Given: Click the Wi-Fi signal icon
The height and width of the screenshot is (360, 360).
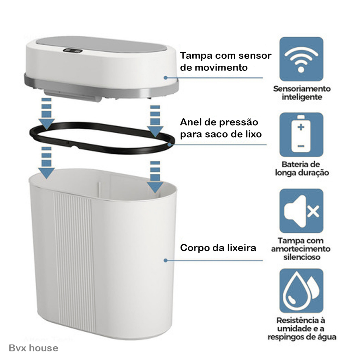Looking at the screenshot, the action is click(x=301, y=59).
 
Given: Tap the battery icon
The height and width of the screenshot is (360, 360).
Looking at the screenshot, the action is click(x=301, y=135).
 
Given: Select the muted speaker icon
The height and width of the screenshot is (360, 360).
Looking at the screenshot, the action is click(x=301, y=211).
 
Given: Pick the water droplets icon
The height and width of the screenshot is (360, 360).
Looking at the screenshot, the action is click(x=301, y=290).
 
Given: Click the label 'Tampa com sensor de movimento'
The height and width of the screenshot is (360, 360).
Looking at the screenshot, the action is click(x=225, y=62).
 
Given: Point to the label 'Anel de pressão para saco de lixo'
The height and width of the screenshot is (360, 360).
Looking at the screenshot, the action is click(x=221, y=128).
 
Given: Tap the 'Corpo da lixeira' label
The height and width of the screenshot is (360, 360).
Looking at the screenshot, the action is click(x=218, y=248).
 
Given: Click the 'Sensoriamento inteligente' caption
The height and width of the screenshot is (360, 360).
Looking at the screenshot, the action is click(x=302, y=93).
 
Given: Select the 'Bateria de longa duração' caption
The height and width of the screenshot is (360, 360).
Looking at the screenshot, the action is click(x=302, y=168).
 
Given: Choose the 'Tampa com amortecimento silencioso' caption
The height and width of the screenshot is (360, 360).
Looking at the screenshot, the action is click(x=301, y=249).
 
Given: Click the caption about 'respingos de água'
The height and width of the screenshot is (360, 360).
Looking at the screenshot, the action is click(x=302, y=329).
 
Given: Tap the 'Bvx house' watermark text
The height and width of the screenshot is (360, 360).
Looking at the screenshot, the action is click(x=33, y=348).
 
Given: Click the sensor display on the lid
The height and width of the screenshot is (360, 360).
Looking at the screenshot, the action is click(x=72, y=51).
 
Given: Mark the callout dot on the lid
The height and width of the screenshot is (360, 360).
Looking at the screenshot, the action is click(x=166, y=78).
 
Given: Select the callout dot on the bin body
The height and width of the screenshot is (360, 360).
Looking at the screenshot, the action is click(x=166, y=261).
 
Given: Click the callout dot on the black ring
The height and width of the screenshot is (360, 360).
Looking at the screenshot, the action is click(x=169, y=144).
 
